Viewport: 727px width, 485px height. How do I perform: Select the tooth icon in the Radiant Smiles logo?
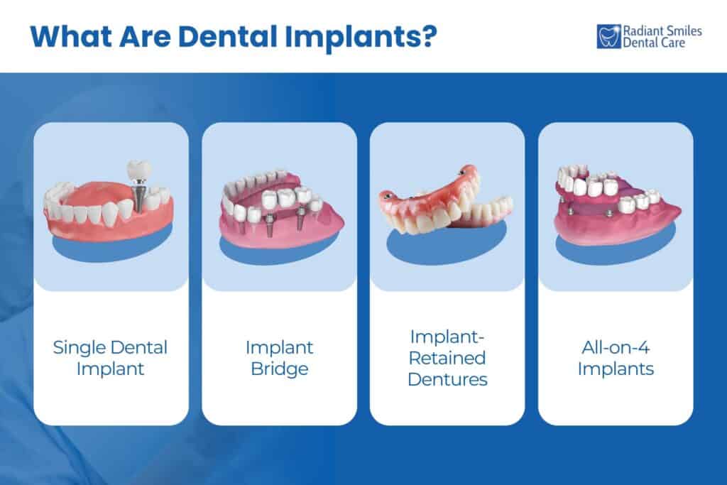coord(608,36)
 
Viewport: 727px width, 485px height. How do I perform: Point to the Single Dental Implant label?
coord(111,359)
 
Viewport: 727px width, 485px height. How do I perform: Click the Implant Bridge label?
coord(279,359)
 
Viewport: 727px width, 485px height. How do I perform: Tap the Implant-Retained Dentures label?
coord(447,359)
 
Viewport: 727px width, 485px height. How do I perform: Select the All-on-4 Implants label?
coord(616,359)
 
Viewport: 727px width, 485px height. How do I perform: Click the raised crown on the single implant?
coord(138,170)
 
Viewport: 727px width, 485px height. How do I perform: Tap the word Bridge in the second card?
coord(279,369)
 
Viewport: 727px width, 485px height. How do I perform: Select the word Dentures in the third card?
coord(447,379)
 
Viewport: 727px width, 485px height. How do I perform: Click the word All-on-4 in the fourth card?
coord(616,348)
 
